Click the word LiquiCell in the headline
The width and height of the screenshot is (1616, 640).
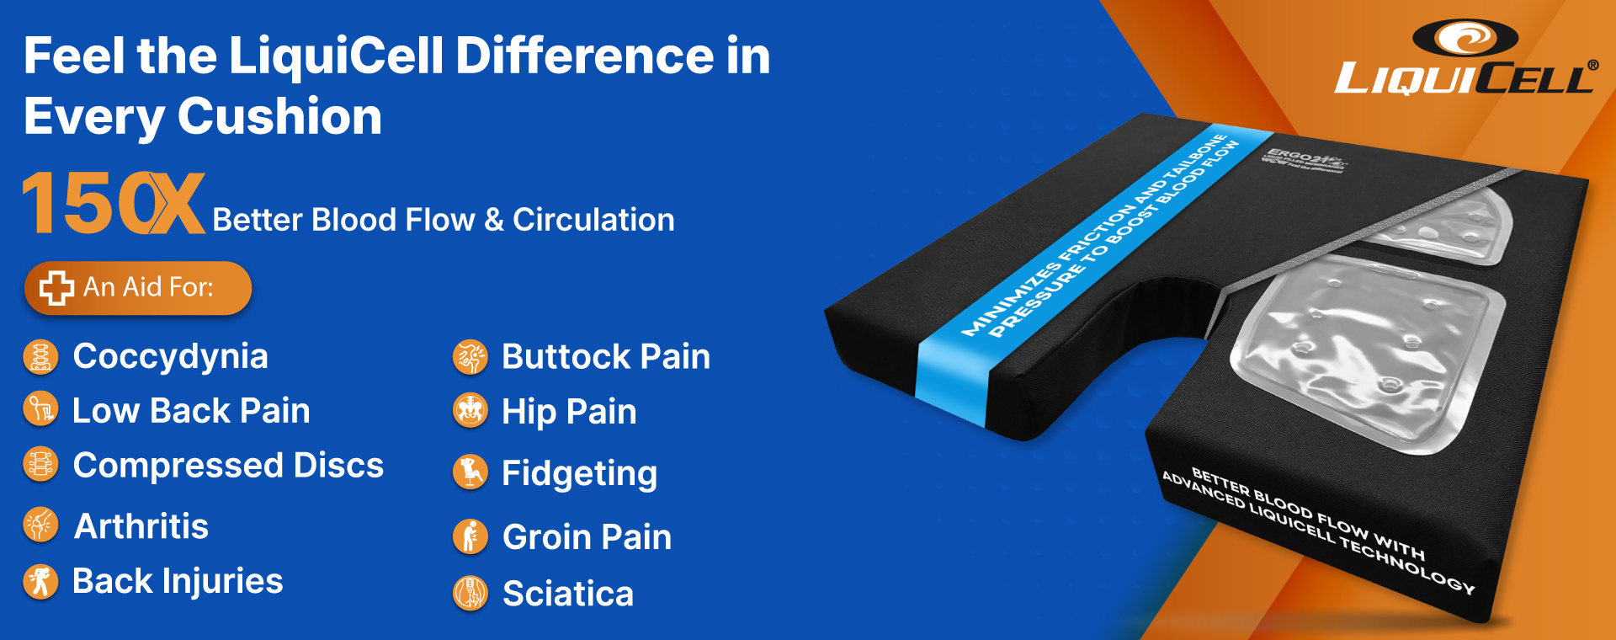(x=336, y=56)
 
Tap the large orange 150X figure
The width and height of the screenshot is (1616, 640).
(x=114, y=204)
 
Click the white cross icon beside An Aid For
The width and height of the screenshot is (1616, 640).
(x=56, y=288)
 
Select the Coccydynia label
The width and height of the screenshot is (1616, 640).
(x=170, y=357)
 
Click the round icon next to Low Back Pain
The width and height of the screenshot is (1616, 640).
(x=40, y=410)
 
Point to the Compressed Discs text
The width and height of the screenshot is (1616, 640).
(x=228, y=466)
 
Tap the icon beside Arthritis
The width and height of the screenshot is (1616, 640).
(x=40, y=525)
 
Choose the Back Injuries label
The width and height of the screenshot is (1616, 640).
(x=178, y=581)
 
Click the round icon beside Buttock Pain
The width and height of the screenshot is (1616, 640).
(x=470, y=357)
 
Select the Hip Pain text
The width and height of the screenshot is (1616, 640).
(x=569, y=412)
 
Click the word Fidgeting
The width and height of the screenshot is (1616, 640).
(x=579, y=473)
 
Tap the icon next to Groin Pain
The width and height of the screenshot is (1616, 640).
(x=470, y=536)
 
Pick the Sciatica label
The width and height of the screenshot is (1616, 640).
(x=567, y=594)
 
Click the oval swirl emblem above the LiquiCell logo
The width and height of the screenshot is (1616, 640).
(x=1464, y=38)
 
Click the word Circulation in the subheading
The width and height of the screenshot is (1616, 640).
(x=593, y=220)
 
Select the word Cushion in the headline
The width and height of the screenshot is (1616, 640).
(x=279, y=116)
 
